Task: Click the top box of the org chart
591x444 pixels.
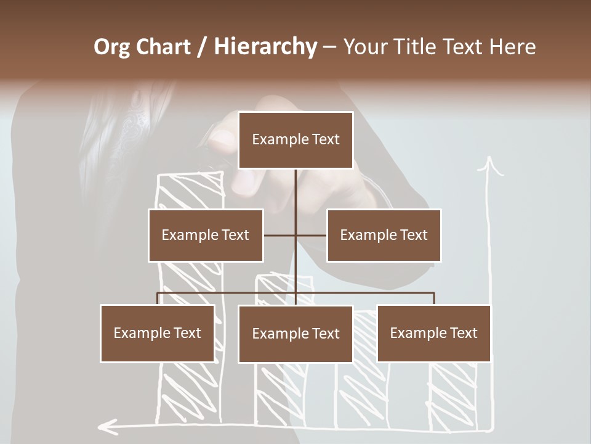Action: pyautogui.click(x=295, y=140)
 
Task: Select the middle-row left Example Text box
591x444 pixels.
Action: pyautogui.click(x=206, y=235)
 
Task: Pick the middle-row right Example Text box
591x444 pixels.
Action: pyautogui.click(x=384, y=235)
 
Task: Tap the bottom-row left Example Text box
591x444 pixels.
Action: pyautogui.click(x=158, y=333)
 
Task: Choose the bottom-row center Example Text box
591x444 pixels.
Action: pyautogui.click(x=295, y=334)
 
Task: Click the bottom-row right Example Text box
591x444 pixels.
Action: pyautogui.click(x=434, y=333)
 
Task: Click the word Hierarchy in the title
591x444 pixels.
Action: pyautogui.click(x=265, y=47)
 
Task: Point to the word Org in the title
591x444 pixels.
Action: pyautogui.click(x=112, y=47)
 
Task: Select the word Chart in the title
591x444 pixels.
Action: pyautogui.click(x=163, y=47)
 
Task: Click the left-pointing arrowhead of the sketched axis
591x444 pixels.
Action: pyautogui.click(x=107, y=425)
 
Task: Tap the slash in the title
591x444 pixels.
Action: pyautogui.click(x=201, y=47)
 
